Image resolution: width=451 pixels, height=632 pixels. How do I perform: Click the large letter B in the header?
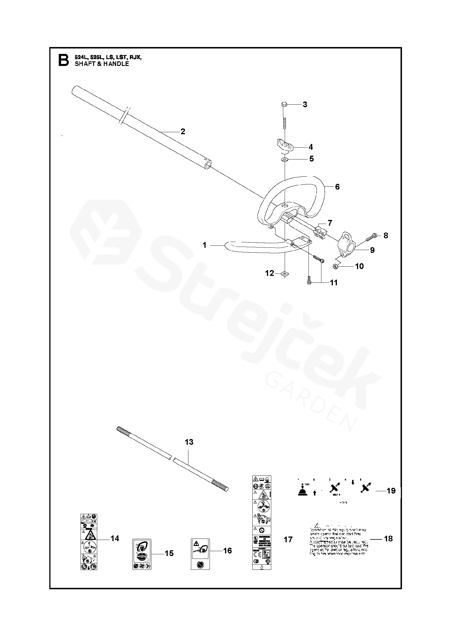63,61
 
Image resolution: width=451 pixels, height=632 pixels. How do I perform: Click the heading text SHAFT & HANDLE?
102,64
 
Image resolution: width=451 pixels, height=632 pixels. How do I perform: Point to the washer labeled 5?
285,159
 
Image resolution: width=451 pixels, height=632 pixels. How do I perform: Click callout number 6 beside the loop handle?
337,187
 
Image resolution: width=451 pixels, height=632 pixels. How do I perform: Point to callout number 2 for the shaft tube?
183,132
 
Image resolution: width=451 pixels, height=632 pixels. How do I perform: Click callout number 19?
391,491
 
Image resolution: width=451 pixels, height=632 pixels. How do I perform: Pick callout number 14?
115,539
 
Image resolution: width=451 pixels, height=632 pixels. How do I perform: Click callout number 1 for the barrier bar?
204,245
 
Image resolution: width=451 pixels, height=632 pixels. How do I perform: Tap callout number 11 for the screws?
333,283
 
